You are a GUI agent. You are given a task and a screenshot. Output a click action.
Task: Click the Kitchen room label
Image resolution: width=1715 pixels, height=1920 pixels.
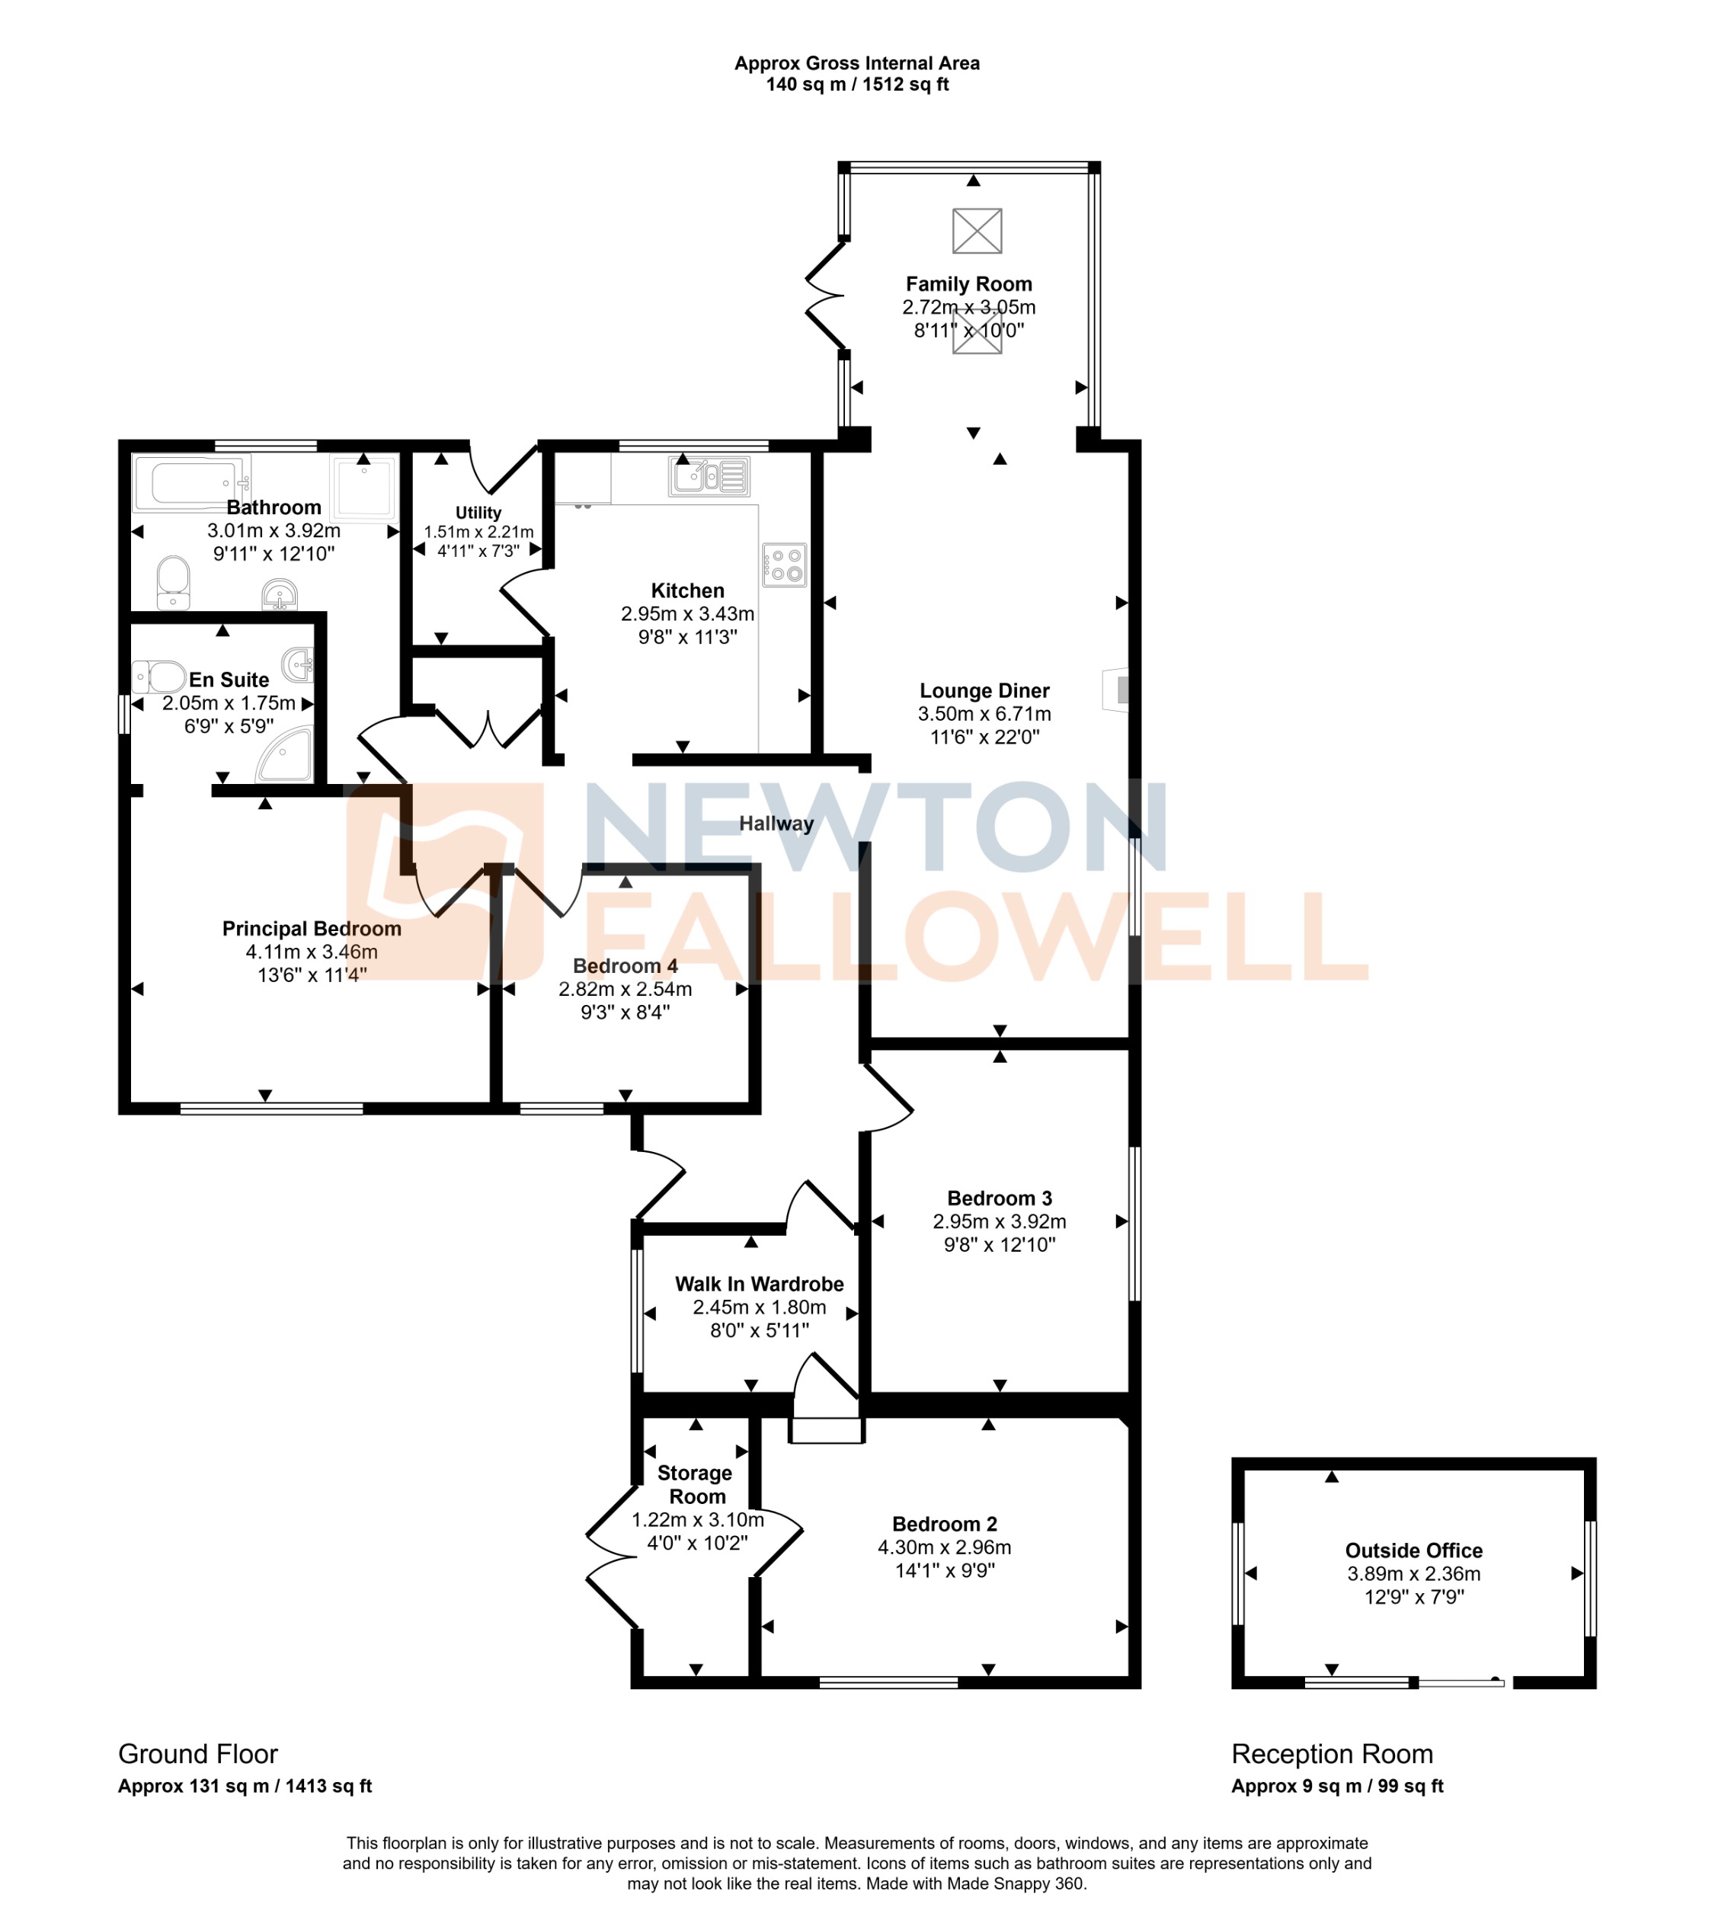click(x=687, y=590)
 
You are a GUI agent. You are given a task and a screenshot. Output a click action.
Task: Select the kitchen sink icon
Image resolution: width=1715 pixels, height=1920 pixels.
click(x=709, y=475)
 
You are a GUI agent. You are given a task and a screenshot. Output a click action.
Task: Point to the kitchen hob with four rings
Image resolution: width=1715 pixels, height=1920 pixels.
click(x=784, y=565)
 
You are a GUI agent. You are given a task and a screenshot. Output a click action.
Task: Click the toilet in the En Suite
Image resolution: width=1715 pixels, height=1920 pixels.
click(x=159, y=677)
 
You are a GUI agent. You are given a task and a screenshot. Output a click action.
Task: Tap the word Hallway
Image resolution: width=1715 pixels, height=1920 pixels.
click(x=776, y=824)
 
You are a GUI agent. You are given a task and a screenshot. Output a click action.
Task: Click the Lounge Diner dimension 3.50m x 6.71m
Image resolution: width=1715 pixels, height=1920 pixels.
click(x=984, y=714)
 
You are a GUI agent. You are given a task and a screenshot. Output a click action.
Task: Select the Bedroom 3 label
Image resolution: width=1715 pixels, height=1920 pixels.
click(x=999, y=1198)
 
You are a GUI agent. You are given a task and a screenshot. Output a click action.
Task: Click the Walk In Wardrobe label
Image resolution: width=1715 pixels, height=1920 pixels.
click(x=759, y=1284)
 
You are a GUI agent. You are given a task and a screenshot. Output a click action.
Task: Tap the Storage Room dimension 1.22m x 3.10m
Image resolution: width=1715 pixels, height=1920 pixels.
click(x=697, y=1519)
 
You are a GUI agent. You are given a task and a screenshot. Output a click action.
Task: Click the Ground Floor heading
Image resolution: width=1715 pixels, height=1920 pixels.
click(x=198, y=1754)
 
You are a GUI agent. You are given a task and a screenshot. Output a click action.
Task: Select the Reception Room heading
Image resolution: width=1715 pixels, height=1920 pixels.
click(x=1332, y=1754)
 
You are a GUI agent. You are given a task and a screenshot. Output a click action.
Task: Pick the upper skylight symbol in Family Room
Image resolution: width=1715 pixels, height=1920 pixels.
click(x=976, y=231)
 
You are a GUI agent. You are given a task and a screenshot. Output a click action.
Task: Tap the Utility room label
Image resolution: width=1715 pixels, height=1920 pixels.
click(x=478, y=513)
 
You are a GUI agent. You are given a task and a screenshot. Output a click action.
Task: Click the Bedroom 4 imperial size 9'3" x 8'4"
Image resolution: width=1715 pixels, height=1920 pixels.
click(x=625, y=1013)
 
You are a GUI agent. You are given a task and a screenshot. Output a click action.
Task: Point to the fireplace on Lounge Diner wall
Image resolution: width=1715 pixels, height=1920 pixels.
click(x=1117, y=690)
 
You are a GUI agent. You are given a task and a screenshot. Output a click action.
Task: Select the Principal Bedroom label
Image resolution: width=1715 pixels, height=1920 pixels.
click(x=311, y=929)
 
